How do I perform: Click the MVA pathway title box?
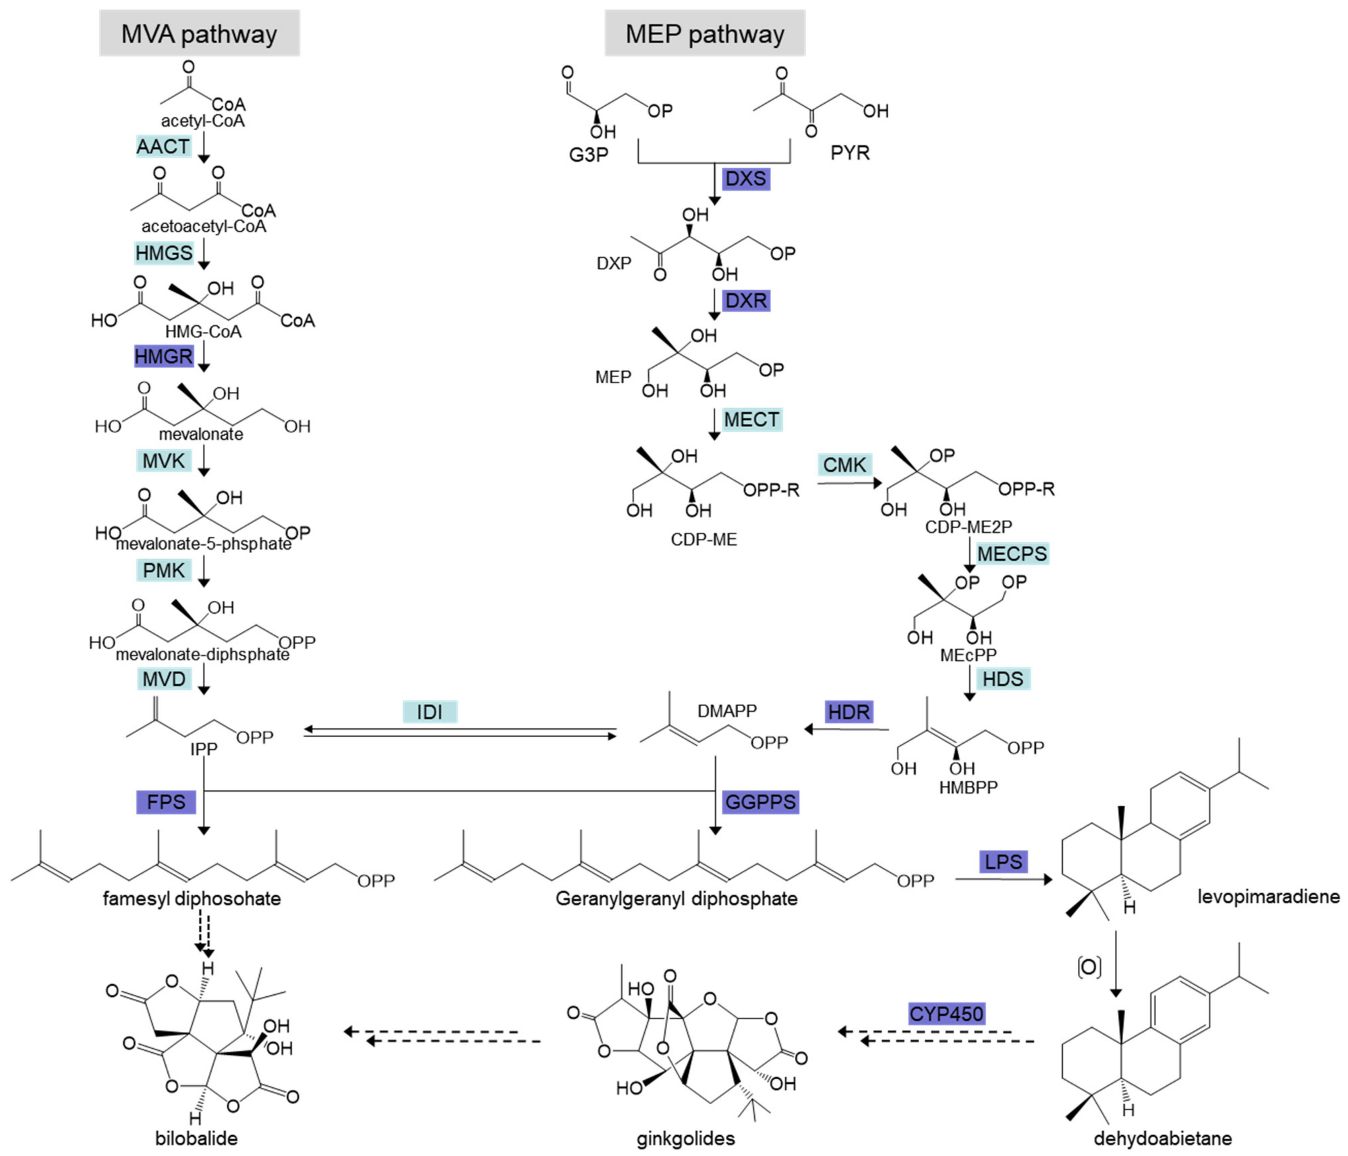[199, 33]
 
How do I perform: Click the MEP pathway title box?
[705, 33]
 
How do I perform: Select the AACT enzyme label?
[163, 146]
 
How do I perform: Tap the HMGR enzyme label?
[163, 356]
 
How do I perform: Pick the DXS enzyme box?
[745, 178]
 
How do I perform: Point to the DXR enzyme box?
[745, 300]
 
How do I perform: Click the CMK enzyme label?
[844, 465]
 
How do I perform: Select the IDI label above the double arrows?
[430, 712]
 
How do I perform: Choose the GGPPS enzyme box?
[760, 801]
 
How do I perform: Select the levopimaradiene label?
[1268, 897]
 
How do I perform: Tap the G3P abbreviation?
[588, 154]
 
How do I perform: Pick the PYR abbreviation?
[850, 153]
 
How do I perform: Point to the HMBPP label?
[968, 787]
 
